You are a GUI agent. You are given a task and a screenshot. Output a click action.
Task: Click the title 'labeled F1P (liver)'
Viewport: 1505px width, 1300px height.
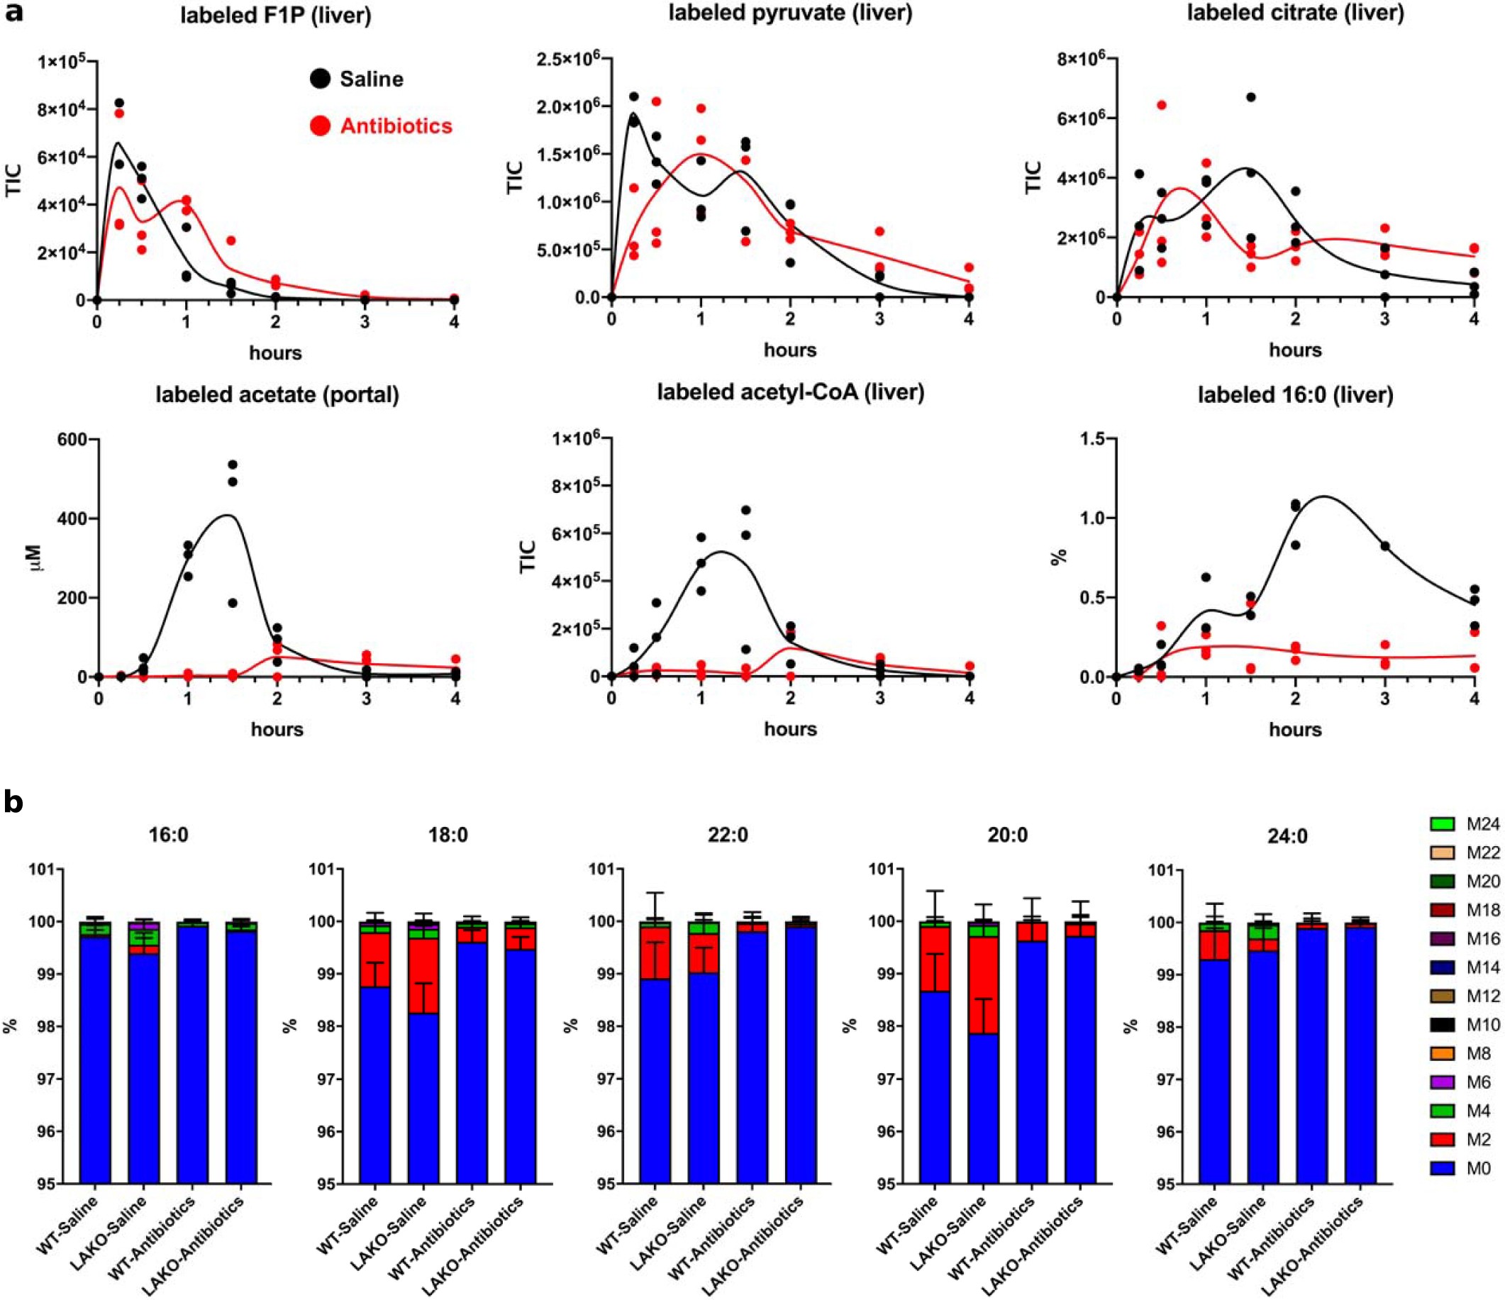pyautogui.click(x=275, y=16)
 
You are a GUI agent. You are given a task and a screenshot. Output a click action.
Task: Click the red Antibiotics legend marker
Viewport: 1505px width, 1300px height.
pyautogui.click(x=321, y=126)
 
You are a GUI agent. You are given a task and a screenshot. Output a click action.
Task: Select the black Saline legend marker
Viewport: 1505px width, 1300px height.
pyautogui.click(x=321, y=79)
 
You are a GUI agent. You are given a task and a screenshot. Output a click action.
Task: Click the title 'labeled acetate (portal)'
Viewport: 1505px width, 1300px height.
pyautogui.click(x=277, y=394)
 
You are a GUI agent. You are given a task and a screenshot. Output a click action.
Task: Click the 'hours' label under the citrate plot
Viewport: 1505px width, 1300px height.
pyautogui.click(x=1295, y=350)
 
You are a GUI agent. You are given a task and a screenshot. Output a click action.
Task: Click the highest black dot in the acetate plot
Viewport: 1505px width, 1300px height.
pyautogui.click(x=233, y=465)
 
